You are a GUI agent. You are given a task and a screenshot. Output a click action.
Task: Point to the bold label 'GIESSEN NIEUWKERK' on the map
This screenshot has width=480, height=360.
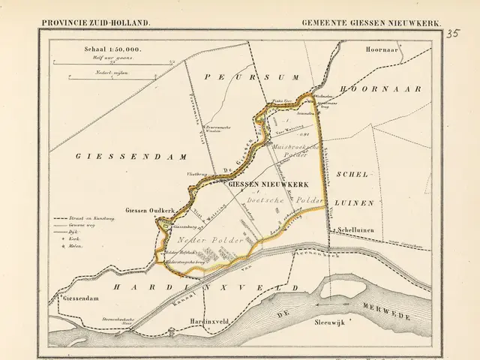[260, 183]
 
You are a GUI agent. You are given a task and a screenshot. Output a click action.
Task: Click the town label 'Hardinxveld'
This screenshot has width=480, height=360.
[187, 319]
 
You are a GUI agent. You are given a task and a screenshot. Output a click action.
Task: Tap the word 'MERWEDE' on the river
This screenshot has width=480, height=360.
[385, 310]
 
